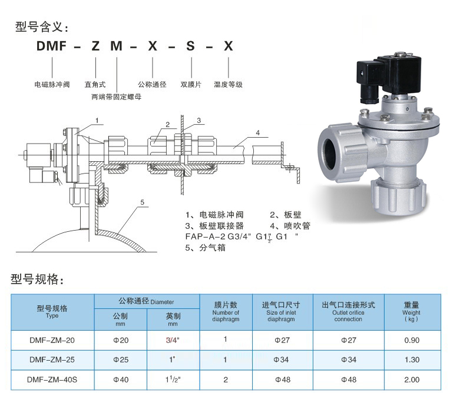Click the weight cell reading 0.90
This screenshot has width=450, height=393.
point(412,340)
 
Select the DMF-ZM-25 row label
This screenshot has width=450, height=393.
point(52,359)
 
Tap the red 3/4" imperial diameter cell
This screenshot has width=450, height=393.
point(173,340)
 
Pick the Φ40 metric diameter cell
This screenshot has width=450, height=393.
point(121,379)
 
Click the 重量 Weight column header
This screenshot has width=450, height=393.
point(411,311)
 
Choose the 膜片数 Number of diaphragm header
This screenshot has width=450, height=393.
point(226,312)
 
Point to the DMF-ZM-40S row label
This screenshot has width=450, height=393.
point(52,379)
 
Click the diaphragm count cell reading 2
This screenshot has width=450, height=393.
point(226,379)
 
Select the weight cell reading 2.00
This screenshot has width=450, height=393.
point(412,379)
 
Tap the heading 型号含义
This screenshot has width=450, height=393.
point(42,27)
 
